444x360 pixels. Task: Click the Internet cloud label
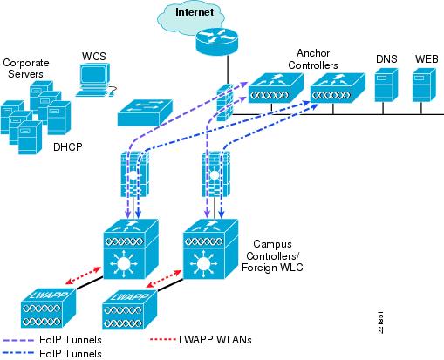click(195, 12)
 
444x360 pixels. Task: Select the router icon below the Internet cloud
click(217, 41)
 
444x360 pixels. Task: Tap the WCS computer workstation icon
click(94, 79)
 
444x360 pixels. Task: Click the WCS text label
click(93, 56)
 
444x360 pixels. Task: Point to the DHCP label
click(68, 147)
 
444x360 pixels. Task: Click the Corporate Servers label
click(26, 68)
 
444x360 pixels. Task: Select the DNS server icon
click(386, 85)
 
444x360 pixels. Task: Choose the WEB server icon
click(424, 85)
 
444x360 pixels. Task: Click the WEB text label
click(427, 59)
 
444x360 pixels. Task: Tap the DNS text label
click(386, 59)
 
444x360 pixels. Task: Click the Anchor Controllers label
click(313, 59)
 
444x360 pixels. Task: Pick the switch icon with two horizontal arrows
click(145, 112)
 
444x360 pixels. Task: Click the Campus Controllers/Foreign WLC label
click(272, 255)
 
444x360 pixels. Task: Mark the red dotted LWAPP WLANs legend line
click(162, 339)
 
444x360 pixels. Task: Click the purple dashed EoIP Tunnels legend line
click(18, 340)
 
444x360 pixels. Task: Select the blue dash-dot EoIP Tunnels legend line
click(18, 354)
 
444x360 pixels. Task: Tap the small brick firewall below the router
click(225, 103)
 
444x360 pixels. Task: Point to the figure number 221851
click(380, 323)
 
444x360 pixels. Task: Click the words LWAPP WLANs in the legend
click(215, 339)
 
